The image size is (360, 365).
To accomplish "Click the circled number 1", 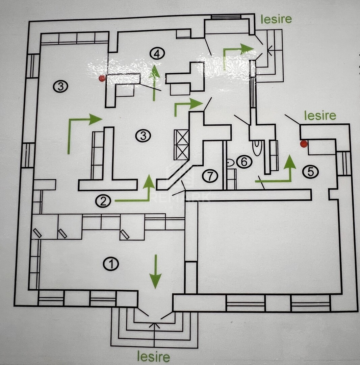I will coord(111,264).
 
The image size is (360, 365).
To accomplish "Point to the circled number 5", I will coord(310,172).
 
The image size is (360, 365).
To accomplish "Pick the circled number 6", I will coord(244,162).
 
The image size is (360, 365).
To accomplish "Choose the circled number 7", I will coord(210,176).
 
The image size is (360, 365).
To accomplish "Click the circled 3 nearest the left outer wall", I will coord(60,86).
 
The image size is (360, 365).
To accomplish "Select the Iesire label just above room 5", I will coord(320,116).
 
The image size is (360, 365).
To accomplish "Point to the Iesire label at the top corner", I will coord(276,19).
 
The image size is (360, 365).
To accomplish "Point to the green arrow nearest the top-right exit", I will coord(236,52).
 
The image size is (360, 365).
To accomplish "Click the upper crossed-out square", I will coord(181,137).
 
